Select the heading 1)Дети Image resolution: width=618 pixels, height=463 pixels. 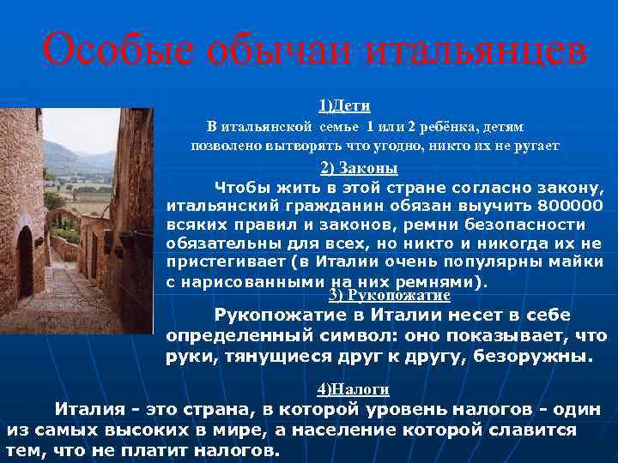(344, 105)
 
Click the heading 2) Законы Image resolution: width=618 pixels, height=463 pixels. (346, 168)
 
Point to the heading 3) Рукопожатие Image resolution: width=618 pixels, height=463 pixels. (390, 295)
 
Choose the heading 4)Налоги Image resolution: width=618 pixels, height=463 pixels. (353, 389)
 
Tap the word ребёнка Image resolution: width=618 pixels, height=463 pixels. (446, 127)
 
